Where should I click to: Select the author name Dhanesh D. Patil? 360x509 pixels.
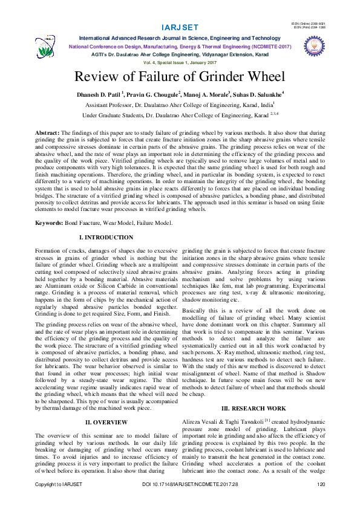coord(99,95)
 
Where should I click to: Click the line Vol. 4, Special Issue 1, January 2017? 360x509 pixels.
coord(180,62)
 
